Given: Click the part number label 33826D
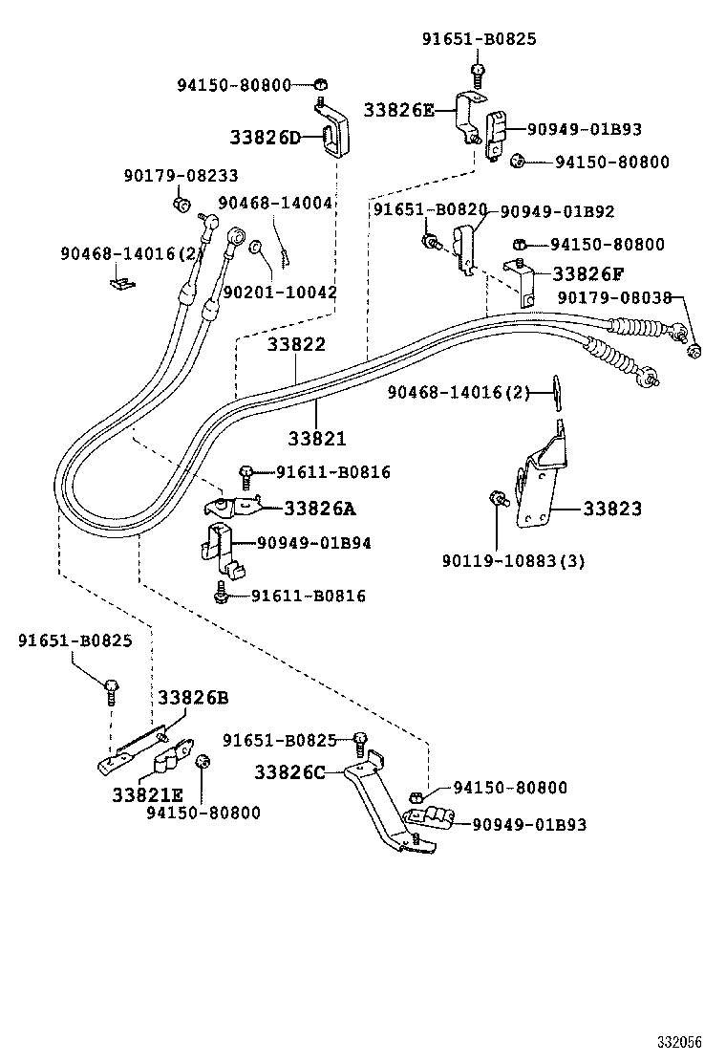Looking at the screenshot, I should click(265, 138).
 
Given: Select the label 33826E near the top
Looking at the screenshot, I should click(398, 110).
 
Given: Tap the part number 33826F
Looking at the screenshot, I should click(587, 274).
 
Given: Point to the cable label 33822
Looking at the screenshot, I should click(296, 345).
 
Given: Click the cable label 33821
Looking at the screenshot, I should click(317, 438).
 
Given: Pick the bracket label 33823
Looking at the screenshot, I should click(611, 509).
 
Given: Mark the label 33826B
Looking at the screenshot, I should click(193, 697).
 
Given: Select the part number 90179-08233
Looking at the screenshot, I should click(181, 176).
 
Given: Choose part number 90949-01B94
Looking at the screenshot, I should click(313, 543).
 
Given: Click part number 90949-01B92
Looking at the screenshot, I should click(558, 211).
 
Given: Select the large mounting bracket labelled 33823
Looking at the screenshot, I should click(541, 483).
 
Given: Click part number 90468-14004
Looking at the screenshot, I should click(275, 203).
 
